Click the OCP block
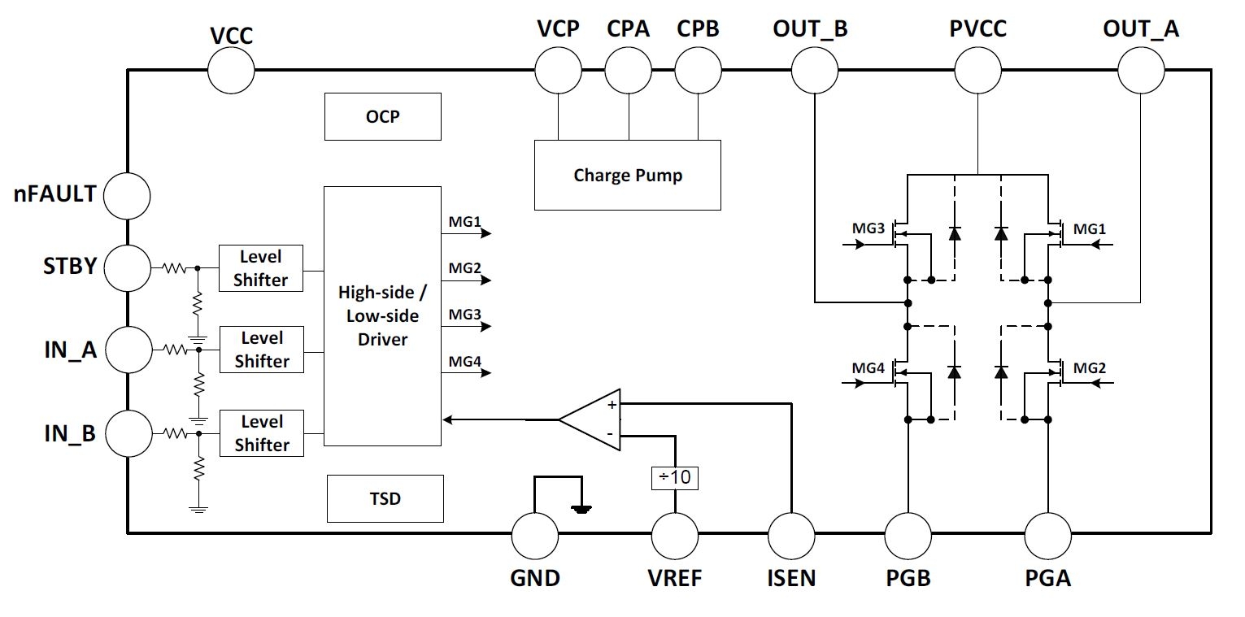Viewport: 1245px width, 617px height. (382, 117)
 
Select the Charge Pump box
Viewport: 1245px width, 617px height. (627, 175)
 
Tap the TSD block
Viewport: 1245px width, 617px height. (385, 498)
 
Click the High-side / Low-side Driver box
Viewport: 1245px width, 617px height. (382, 315)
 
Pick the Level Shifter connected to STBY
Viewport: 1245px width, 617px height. (261, 268)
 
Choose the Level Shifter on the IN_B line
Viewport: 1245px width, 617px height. (261, 433)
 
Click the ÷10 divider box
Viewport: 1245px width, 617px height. (675, 477)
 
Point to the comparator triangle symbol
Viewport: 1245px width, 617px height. (591, 419)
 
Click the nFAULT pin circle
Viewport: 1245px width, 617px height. (127, 195)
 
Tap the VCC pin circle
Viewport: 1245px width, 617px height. (231, 69)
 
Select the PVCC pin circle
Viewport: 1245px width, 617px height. (977, 69)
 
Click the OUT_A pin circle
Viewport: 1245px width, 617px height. (1141, 69)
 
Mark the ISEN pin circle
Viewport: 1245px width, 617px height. (791, 535)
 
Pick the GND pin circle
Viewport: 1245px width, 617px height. (535, 535)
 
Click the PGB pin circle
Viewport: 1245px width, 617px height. (908, 535)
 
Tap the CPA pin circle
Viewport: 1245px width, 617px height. (629, 69)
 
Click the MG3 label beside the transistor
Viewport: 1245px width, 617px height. (868, 229)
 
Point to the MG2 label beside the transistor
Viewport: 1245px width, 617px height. (1090, 367)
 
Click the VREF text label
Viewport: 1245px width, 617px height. (675, 579)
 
